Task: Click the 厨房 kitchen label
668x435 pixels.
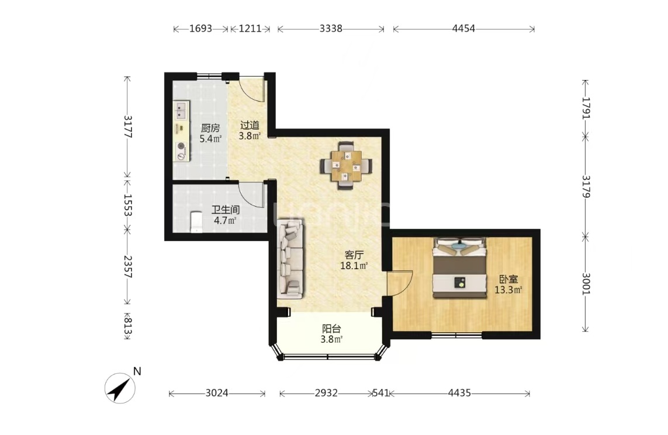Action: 210,128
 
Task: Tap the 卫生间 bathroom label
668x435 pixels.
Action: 226,210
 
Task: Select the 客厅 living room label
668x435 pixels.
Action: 354,255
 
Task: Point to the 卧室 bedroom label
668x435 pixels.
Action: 508,280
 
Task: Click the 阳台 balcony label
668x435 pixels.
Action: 331,329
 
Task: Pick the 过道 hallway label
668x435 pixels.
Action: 250,126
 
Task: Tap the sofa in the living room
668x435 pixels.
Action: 290,258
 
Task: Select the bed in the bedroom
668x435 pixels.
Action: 460,268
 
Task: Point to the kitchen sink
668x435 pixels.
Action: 182,110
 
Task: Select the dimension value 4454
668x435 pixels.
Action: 463,29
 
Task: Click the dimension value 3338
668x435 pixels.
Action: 331,29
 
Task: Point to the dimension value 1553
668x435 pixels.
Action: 127,205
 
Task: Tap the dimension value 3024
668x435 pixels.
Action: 217,393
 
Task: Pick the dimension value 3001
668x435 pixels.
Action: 586,283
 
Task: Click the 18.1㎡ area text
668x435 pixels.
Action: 354,266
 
